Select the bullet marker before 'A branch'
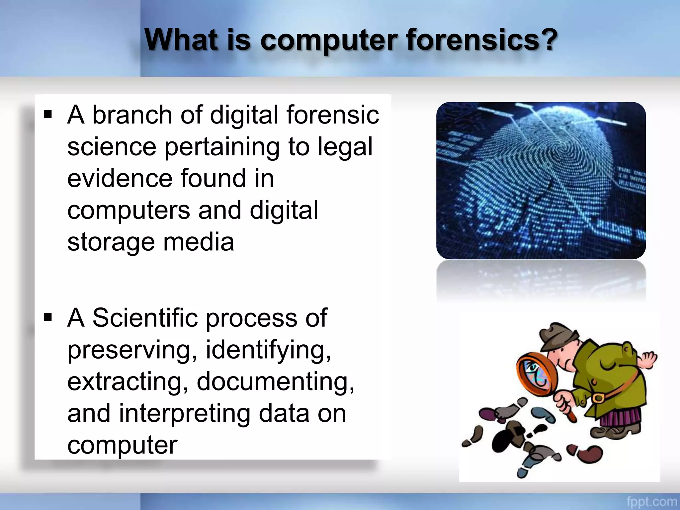coord(48,115)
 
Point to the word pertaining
coord(222,147)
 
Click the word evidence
coord(120,178)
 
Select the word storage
coord(111,243)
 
